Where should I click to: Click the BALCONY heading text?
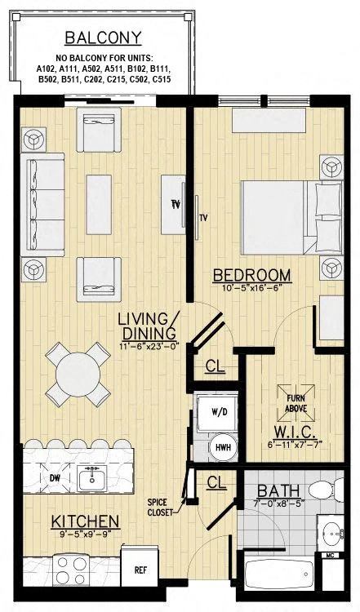point(103,38)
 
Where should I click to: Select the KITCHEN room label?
point(86,521)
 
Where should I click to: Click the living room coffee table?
point(98,202)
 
